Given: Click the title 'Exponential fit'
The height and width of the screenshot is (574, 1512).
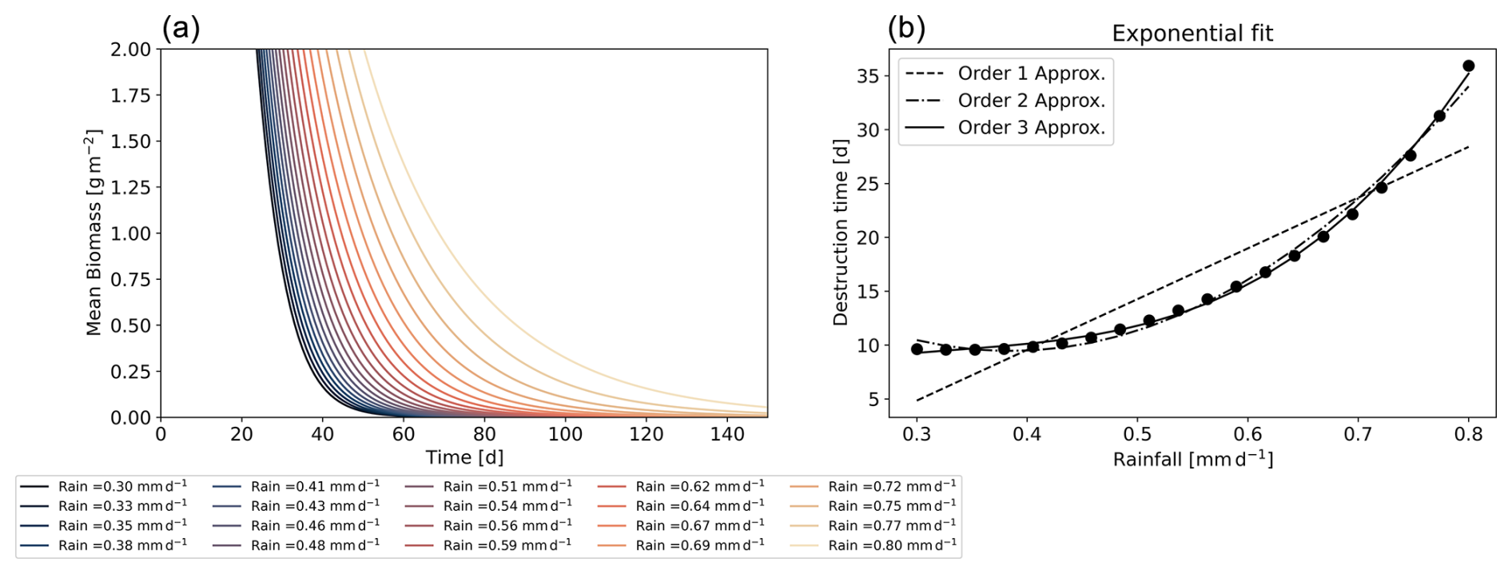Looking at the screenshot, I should (1192, 34).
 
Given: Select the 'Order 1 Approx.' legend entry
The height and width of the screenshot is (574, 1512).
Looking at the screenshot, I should (1031, 74).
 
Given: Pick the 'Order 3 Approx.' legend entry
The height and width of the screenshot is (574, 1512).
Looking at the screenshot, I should (1031, 128).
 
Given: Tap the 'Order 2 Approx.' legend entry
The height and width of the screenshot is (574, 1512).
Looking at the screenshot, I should (1031, 101).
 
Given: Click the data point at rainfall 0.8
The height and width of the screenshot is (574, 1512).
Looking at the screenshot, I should (1468, 66).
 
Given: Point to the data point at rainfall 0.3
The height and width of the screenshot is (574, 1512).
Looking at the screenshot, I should (917, 349).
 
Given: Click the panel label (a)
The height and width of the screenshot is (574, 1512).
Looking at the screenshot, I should (181, 28).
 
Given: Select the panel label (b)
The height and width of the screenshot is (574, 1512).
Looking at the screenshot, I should (906, 28).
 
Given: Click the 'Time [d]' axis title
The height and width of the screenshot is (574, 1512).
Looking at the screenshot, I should (464, 457).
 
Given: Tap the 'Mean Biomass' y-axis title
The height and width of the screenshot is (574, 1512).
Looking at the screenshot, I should (94, 233).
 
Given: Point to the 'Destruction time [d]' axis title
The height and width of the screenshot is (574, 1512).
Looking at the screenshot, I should (840, 233).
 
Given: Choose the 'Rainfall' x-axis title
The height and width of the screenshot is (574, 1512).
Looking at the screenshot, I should (1192, 459).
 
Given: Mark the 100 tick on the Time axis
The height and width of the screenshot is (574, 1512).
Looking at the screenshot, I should (565, 434).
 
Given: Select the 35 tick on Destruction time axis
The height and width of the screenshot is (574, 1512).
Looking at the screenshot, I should (868, 76).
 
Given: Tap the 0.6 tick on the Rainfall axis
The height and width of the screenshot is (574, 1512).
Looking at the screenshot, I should (1247, 434).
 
